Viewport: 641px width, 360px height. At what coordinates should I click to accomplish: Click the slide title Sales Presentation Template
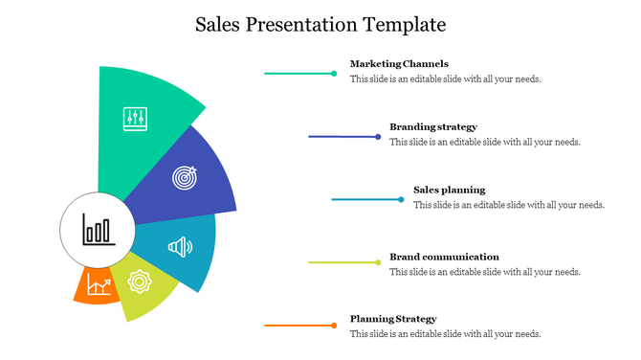pos(320,22)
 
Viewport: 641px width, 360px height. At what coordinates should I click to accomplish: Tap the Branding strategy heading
pos(432,126)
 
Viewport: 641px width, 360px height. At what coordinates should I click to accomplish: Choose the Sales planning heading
pos(449,190)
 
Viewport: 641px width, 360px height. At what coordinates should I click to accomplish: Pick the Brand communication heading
pos(444,257)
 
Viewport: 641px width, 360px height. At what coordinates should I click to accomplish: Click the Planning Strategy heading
pos(393,319)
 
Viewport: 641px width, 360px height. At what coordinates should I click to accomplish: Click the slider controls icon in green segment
pos(135,119)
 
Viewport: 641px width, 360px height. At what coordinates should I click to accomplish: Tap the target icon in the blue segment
pos(185,177)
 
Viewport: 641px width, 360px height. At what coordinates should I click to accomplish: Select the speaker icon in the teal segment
pos(180,248)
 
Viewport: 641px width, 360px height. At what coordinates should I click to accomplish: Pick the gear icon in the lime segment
pos(140,281)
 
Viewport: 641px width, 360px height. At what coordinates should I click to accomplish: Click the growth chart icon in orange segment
pos(99,283)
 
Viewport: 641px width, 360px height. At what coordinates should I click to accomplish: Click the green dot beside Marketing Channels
pos(334,73)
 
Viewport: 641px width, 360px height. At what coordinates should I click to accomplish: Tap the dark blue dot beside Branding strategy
pos(379,136)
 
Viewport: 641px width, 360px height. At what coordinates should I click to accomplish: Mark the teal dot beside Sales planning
pos(401,199)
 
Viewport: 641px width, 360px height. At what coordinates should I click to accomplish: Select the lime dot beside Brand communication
pos(379,261)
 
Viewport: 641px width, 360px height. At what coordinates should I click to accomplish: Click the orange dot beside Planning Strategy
pos(334,326)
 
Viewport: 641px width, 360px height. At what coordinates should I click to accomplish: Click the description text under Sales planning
pos(508,205)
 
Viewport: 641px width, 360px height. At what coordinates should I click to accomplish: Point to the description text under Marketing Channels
pos(445,79)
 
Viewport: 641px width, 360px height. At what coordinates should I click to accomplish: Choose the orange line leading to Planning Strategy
pos(297,326)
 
